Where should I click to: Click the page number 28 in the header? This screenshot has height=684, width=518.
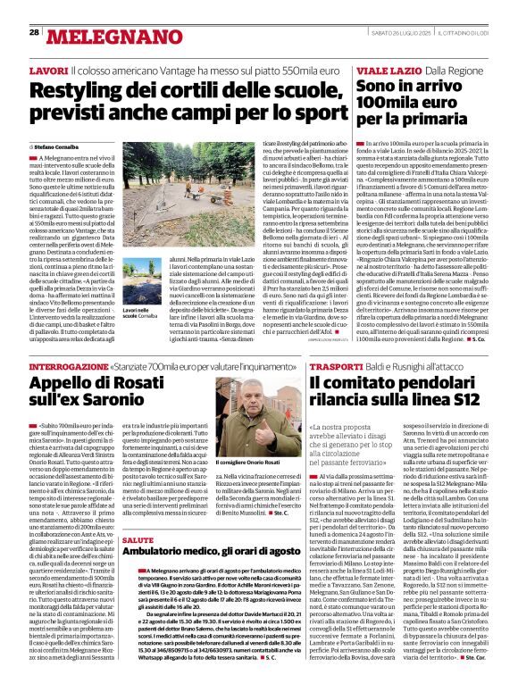pyautogui.click(x=34, y=32)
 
